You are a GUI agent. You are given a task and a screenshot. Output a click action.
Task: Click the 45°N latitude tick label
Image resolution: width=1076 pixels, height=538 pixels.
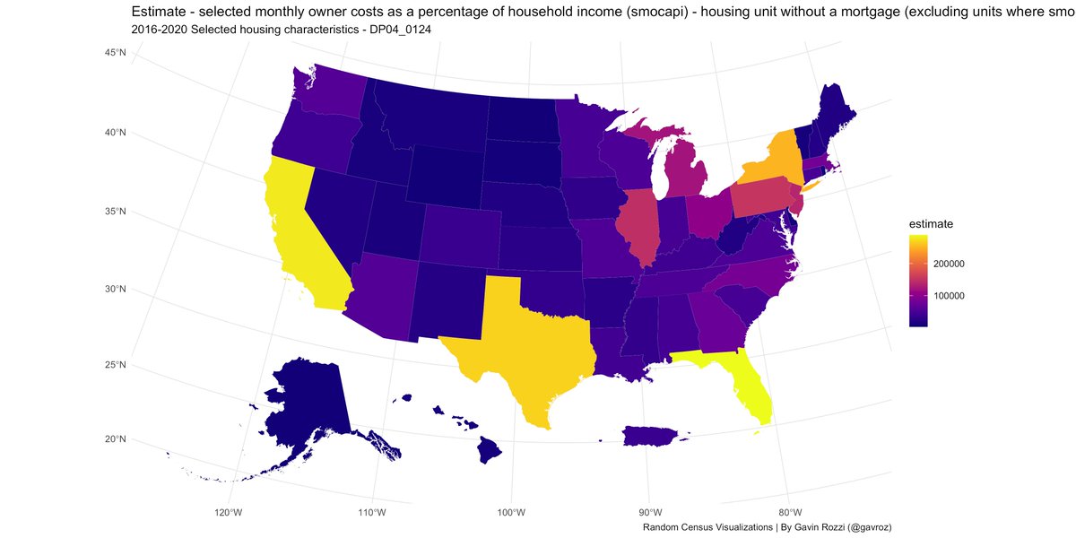point(115,54)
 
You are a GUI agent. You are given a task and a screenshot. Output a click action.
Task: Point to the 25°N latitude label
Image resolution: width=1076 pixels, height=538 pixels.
point(115,365)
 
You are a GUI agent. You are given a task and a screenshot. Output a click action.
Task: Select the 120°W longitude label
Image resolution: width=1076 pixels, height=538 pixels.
point(229,512)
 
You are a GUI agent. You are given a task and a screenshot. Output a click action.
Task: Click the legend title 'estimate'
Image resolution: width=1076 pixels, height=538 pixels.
point(930,223)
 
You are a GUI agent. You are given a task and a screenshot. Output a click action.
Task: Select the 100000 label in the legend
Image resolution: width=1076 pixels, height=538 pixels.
point(949,296)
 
